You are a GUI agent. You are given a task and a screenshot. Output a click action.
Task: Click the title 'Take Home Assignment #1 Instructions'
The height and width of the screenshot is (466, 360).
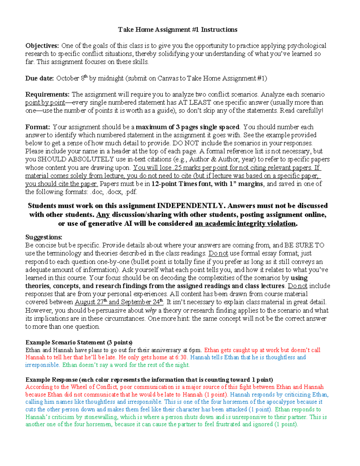pyautogui.click(x=178, y=30)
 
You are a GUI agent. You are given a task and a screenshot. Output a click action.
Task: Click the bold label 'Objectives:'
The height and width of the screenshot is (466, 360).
pyautogui.click(x=42, y=46)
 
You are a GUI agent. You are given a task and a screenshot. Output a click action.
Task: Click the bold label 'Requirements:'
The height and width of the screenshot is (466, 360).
pyautogui.click(x=47, y=95)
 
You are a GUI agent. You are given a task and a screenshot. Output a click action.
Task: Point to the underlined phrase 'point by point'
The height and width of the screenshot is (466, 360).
pyautogui.click(x=45, y=103)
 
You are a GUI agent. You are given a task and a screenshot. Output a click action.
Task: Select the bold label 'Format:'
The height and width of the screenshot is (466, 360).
pyautogui.click(x=38, y=127)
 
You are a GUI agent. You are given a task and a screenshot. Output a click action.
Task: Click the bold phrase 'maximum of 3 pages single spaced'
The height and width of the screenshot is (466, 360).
pyautogui.click(x=187, y=127)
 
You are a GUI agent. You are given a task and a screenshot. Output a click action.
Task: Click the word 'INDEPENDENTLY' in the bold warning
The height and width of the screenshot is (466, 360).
pyautogui.click(x=190, y=206)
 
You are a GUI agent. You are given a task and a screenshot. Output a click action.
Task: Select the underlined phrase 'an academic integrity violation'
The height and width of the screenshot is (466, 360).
pyautogui.click(x=245, y=224)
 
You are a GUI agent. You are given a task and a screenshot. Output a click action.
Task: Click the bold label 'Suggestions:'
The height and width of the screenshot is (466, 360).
pyautogui.click(x=44, y=237)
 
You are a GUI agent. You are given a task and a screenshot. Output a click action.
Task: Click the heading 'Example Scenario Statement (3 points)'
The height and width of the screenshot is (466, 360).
pyautogui.click(x=79, y=343)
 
